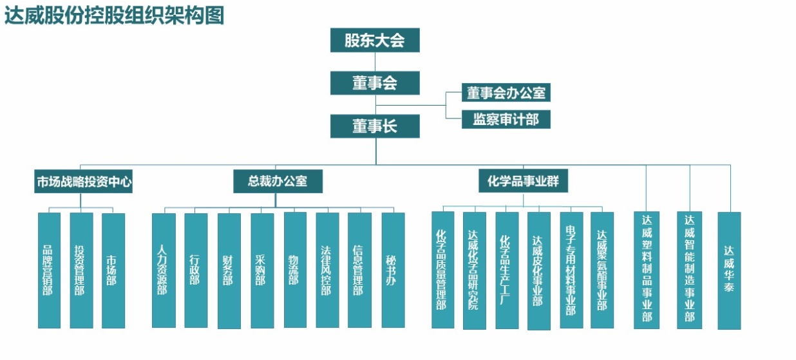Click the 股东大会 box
coord(375,41)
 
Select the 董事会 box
coord(375,83)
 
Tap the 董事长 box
coord(375,126)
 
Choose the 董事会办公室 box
coord(506,93)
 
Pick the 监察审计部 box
coord(506,119)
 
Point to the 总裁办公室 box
coord(278,182)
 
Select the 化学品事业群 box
coord(523,181)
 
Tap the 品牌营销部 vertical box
coord(49,270)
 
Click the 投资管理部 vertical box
coord(81,270)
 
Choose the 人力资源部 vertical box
coord(164,270)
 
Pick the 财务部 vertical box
coord(229,270)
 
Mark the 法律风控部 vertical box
coord(327,270)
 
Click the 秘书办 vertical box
coord(393,270)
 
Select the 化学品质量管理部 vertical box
coord(442,270)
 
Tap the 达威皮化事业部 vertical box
coord(539,270)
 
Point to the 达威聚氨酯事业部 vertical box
coord(602,270)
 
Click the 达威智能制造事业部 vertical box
coord(690,270)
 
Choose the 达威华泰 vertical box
coord(729,270)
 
